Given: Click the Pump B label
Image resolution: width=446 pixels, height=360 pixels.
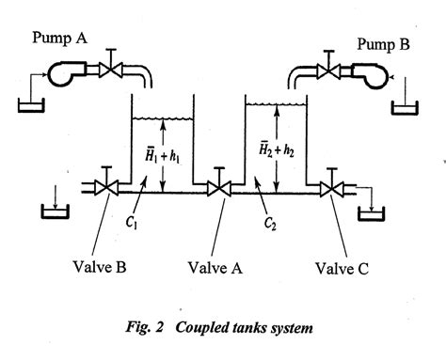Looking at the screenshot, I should pos(387,43).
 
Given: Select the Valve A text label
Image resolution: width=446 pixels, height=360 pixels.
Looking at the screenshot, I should pos(221,266).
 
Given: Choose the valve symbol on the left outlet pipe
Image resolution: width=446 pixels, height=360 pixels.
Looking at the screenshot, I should pos(101,188).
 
